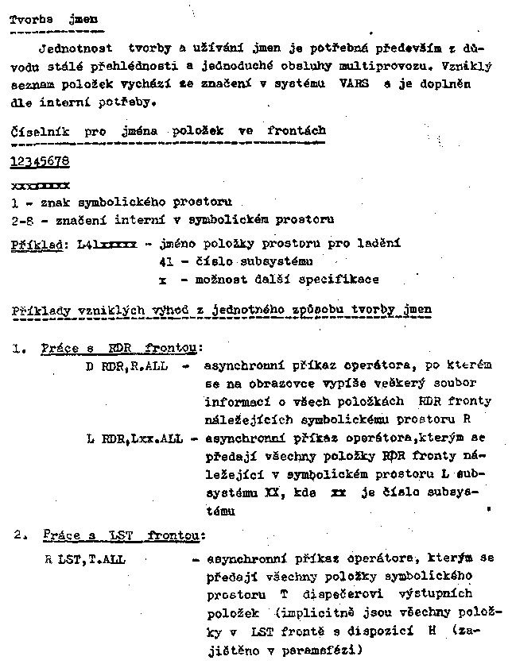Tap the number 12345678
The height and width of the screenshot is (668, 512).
pyautogui.click(x=40, y=162)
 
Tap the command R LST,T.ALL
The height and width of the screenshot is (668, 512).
pyautogui.click(x=85, y=559)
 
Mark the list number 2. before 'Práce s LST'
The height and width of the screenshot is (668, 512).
pyautogui.click(x=21, y=535)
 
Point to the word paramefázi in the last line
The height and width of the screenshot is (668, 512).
pyautogui.click(x=326, y=650)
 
